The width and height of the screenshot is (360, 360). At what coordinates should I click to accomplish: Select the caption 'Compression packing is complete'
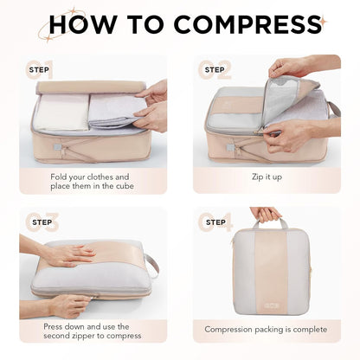pos(266,330)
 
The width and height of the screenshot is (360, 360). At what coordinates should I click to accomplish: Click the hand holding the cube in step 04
pos(265,213)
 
